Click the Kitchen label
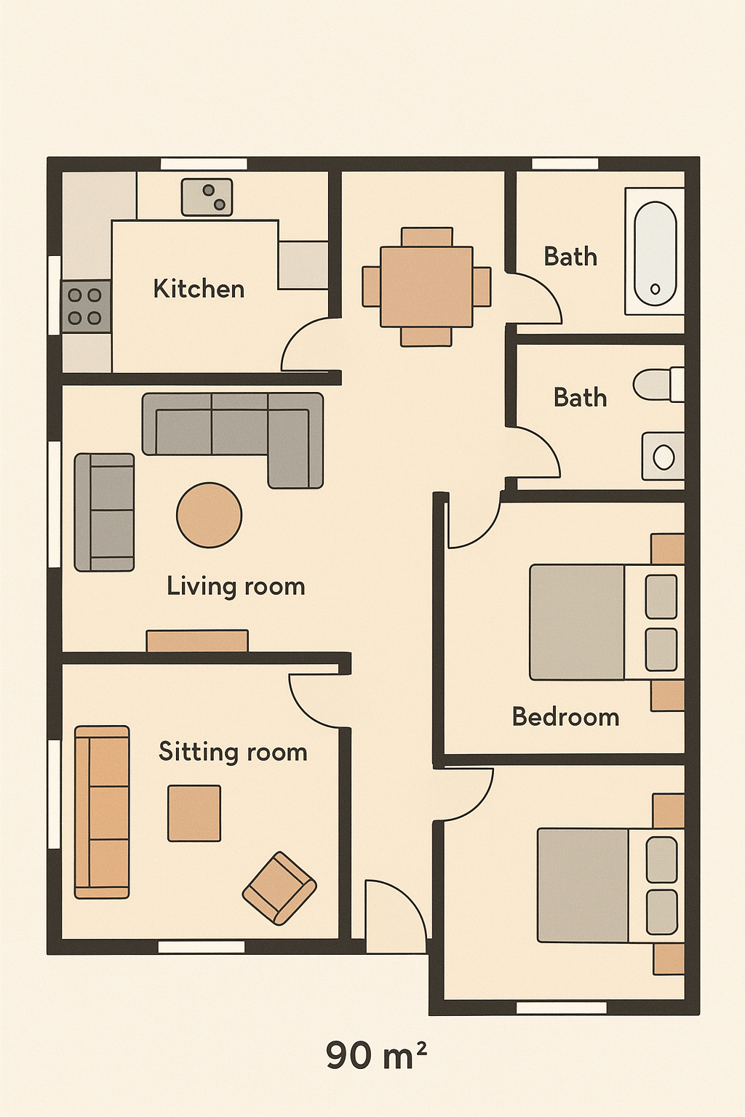(x=199, y=289)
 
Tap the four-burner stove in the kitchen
(x=86, y=306)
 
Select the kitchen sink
(x=207, y=197)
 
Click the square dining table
(x=426, y=287)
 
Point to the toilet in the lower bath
(x=658, y=384)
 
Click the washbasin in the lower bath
(x=664, y=456)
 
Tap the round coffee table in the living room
(x=209, y=515)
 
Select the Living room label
(x=236, y=586)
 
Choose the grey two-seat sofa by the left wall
(x=104, y=512)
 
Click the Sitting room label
(x=233, y=752)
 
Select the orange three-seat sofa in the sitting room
(x=102, y=812)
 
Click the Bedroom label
(x=566, y=717)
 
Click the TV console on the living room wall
(x=197, y=641)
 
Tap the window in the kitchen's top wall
(x=204, y=164)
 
